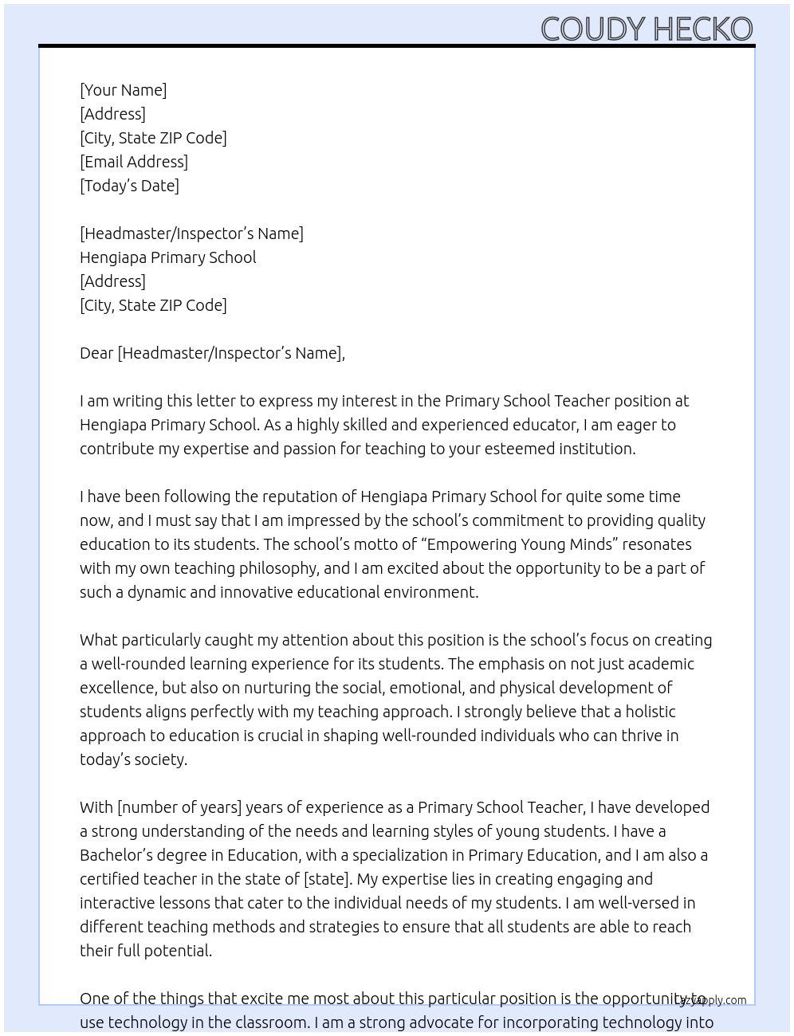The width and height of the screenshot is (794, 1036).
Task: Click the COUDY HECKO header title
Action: click(647, 29)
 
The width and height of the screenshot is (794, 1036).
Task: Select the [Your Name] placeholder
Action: click(123, 90)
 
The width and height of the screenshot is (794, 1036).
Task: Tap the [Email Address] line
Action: click(134, 162)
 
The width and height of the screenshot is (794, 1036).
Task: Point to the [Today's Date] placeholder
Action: click(129, 186)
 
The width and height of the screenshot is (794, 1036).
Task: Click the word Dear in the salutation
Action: click(96, 353)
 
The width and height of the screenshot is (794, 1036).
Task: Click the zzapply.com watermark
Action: click(714, 1000)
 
